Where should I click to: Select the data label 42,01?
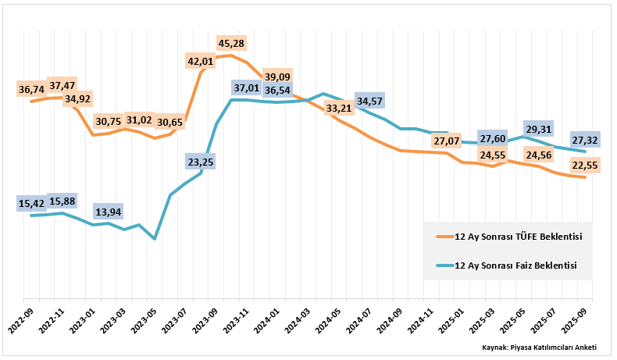tap(201, 60)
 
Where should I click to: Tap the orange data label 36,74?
tap(32, 90)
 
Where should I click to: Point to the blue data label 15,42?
tap(32, 204)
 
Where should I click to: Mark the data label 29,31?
tap(539, 130)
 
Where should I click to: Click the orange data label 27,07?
tap(444, 141)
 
